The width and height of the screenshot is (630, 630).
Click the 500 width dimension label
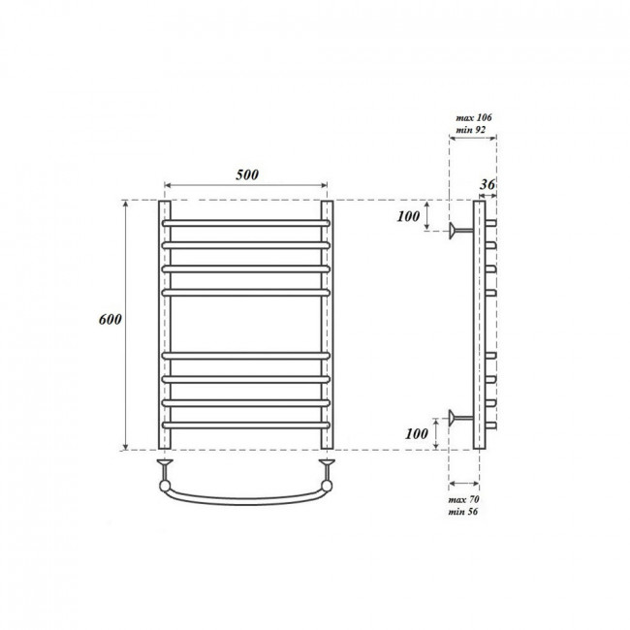pos(247,174)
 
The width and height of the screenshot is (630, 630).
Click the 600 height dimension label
pos(110,320)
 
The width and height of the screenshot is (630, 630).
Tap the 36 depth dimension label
pos(488,184)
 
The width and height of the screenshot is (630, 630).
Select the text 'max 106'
pos(474,117)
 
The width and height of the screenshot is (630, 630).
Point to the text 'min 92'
pos(470,130)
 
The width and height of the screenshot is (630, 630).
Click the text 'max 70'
pos(463,499)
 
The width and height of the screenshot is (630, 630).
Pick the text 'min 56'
pos(463,512)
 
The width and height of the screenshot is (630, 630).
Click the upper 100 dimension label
pos(408,216)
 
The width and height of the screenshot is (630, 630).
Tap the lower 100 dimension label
pos(417,433)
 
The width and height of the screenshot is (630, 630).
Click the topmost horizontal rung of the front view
pos(246,223)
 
